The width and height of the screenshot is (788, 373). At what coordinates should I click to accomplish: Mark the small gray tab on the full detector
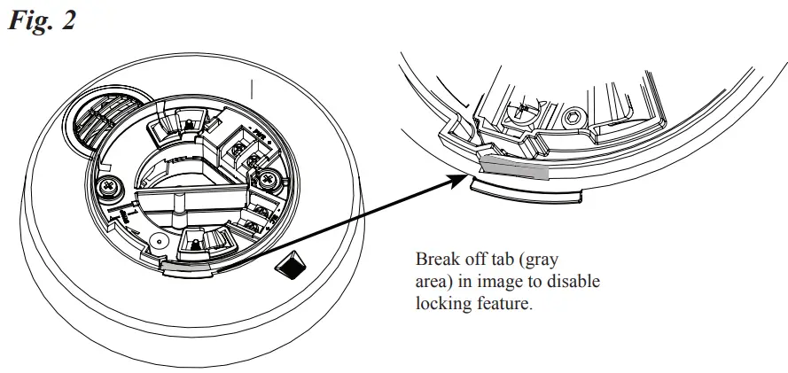[x=184, y=262]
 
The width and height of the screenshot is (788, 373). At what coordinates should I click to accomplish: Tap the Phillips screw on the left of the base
[x=112, y=186]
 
